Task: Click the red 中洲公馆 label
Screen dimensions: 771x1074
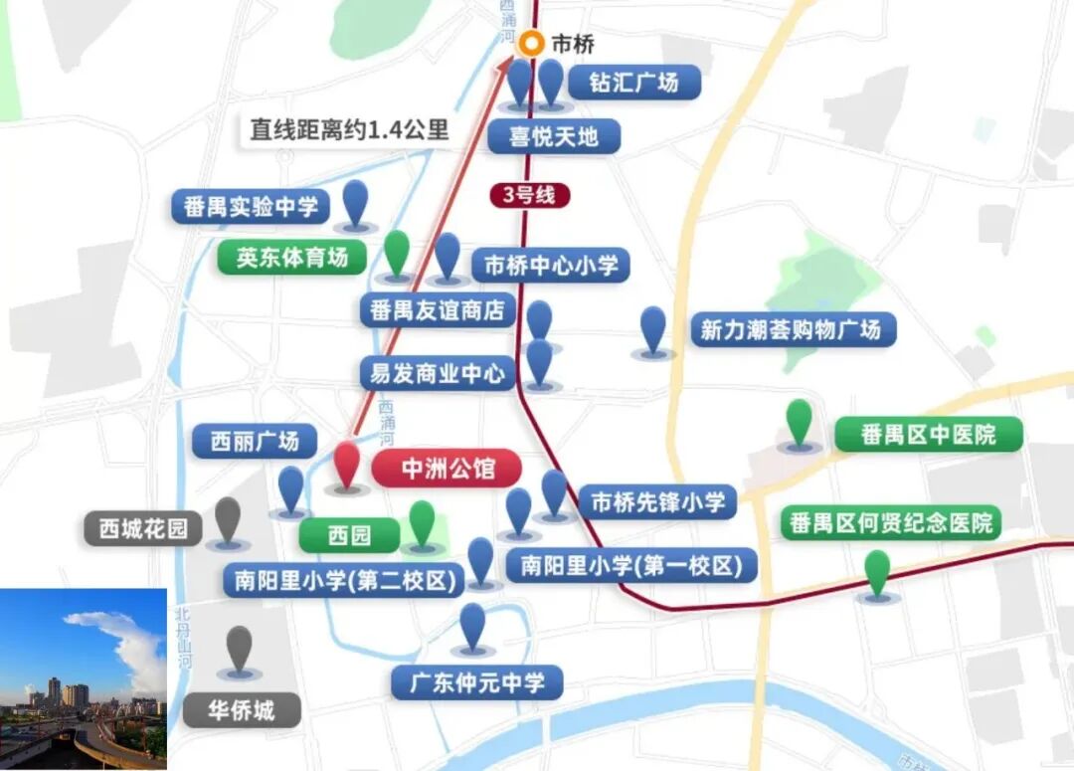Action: (x=447, y=468)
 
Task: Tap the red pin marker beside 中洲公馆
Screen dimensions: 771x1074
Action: (x=346, y=464)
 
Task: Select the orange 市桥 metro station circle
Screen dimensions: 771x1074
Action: (x=534, y=44)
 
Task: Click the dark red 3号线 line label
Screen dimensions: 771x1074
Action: (x=529, y=195)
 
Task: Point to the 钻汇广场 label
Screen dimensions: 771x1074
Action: (x=633, y=82)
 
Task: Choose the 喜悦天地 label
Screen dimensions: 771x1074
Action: (x=554, y=136)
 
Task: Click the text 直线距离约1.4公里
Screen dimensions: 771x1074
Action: (x=349, y=130)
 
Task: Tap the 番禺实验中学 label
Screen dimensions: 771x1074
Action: (x=251, y=207)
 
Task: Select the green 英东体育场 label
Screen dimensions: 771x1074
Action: (x=292, y=258)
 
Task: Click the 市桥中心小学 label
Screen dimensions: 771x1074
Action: (x=551, y=266)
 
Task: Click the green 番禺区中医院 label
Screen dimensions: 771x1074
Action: (x=928, y=435)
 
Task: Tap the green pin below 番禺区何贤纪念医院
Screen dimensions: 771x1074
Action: (x=877, y=573)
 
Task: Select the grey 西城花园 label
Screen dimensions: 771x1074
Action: (x=143, y=528)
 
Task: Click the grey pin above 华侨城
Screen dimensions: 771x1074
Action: (x=239, y=649)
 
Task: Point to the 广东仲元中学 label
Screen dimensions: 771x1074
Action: (x=476, y=683)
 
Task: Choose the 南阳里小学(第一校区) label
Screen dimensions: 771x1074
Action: (x=631, y=566)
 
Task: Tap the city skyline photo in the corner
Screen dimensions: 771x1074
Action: (x=84, y=678)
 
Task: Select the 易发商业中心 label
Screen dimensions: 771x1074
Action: (x=438, y=374)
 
